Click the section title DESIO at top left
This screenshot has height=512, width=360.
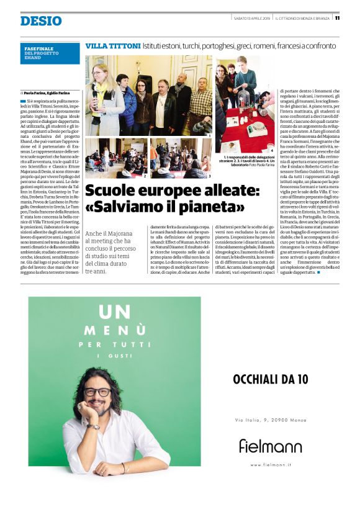point(40,21)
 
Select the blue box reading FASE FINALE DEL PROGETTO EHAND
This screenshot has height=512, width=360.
point(50,53)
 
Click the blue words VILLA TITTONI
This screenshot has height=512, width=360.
point(112,46)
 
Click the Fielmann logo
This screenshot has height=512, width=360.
point(270,445)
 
